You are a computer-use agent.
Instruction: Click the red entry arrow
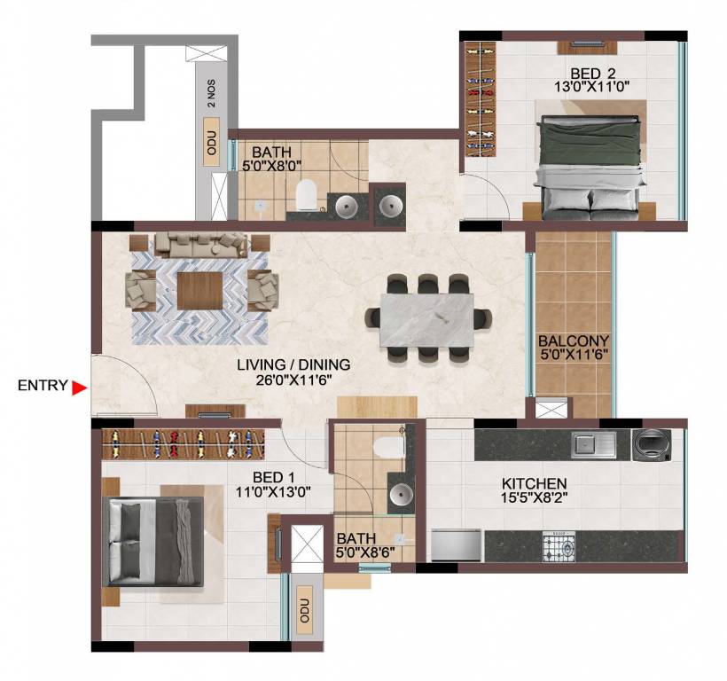click(x=80, y=387)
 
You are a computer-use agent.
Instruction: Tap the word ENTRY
click(x=42, y=386)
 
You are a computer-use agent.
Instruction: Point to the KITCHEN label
click(x=534, y=483)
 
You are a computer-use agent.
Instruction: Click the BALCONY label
click(x=573, y=341)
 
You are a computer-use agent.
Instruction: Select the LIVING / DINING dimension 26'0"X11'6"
click(x=293, y=380)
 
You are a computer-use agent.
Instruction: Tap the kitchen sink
click(x=592, y=443)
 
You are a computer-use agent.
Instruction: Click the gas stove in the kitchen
click(x=559, y=545)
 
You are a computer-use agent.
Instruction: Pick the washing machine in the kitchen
click(x=656, y=444)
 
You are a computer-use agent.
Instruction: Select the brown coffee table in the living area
click(x=200, y=290)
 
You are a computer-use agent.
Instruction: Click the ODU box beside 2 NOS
click(x=211, y=147)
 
